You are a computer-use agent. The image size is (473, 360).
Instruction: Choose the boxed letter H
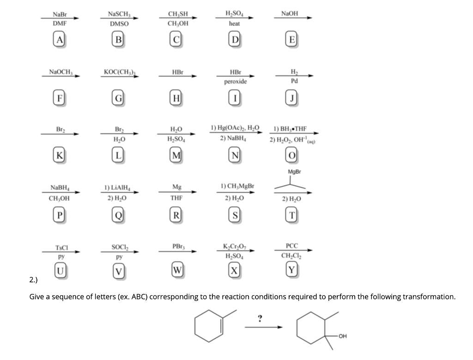pos(176,98)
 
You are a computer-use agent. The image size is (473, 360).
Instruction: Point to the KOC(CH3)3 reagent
pos(119,73)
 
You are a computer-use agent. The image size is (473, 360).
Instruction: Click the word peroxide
pos(235,82)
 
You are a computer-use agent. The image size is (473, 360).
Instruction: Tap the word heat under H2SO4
pos(234,23)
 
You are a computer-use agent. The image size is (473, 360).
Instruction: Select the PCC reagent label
pos(291,245)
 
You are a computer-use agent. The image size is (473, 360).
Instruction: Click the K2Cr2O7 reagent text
pos(235,245)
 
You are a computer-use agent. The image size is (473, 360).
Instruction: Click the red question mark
pos(261,318)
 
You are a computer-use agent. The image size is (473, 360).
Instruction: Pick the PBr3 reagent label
pos(177,246)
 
